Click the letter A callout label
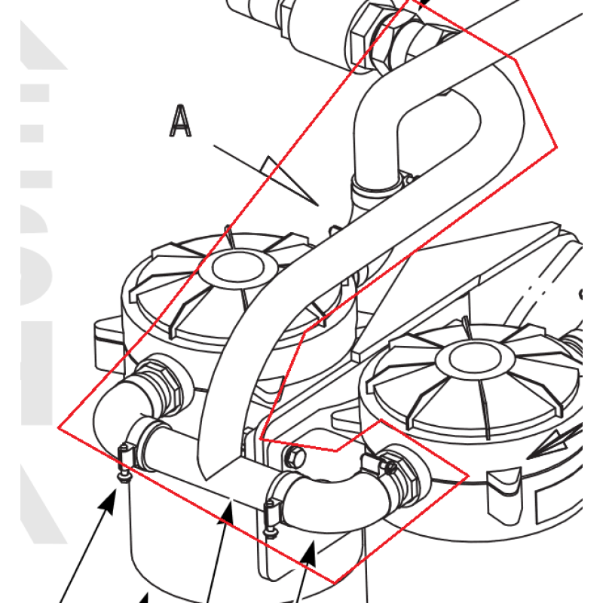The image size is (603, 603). pos(180,121)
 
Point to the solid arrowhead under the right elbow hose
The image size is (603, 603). pos(309,554)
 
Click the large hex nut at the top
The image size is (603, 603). pos(369,34)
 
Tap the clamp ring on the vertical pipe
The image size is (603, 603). pos(377,185)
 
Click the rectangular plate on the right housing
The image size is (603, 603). pos(562,501)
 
